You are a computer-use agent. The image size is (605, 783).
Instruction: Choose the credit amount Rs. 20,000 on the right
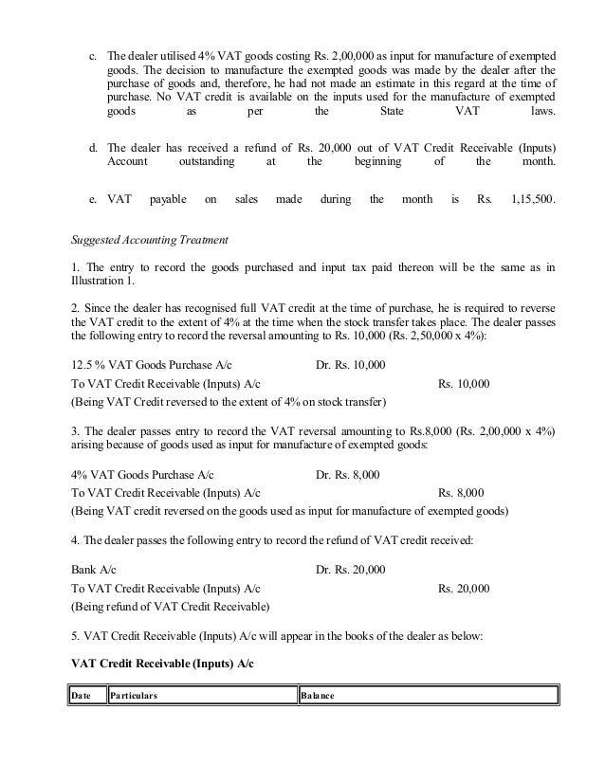click(x=464, y=589)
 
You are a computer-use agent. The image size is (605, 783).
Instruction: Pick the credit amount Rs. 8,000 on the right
click(x=461, y=493)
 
